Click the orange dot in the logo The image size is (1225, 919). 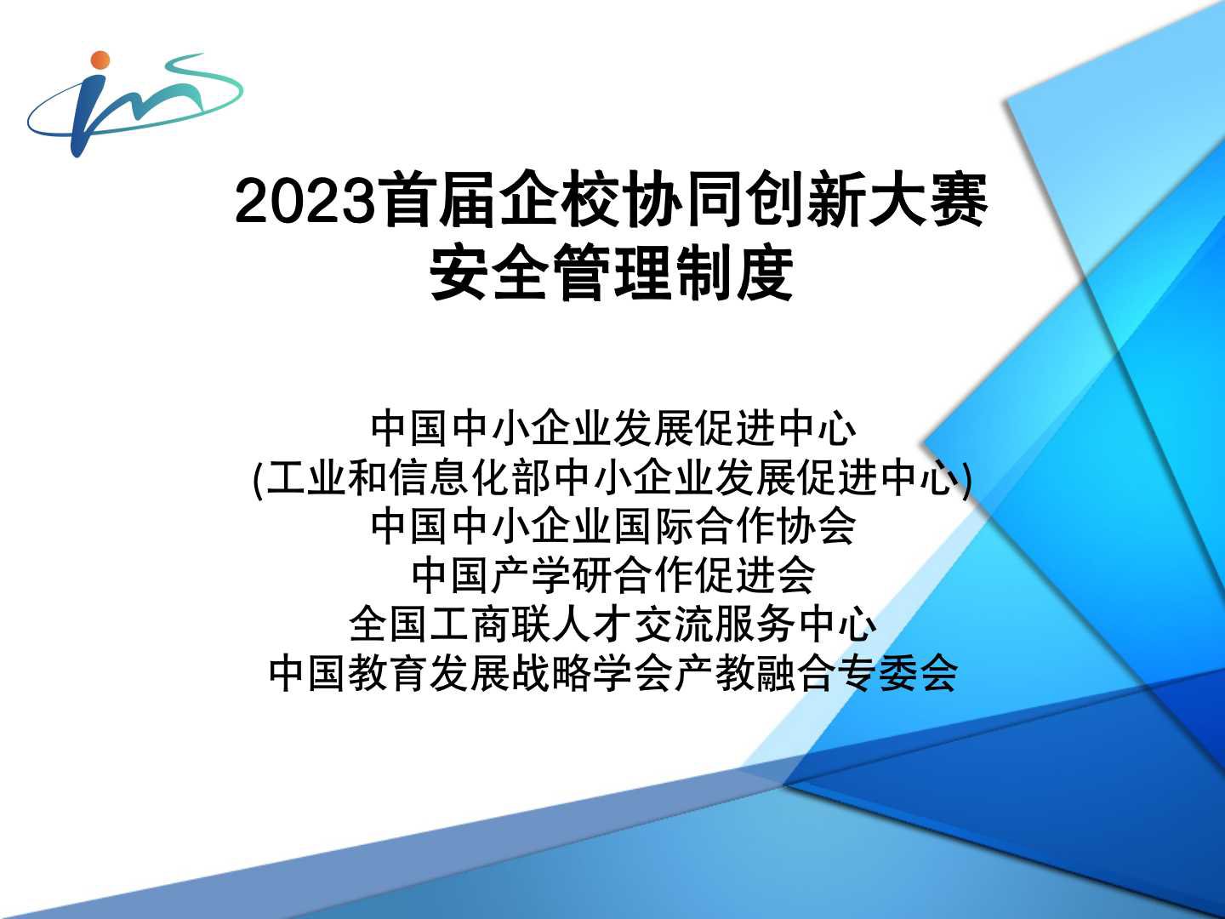(100, 60)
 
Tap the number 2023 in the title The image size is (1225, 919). (306, 201)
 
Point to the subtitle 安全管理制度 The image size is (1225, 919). (612, 273)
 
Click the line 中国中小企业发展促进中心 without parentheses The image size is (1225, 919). (612, 429)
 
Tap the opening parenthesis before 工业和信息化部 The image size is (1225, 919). (259, 479)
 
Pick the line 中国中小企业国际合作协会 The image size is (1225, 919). (612, 527)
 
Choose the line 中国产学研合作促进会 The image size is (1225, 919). (612, 575)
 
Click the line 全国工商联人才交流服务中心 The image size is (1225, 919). (612, 625)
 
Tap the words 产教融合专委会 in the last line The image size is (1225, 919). (816, 673)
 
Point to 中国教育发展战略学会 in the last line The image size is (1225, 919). (470, 673)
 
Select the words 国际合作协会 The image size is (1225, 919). (734, 527)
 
